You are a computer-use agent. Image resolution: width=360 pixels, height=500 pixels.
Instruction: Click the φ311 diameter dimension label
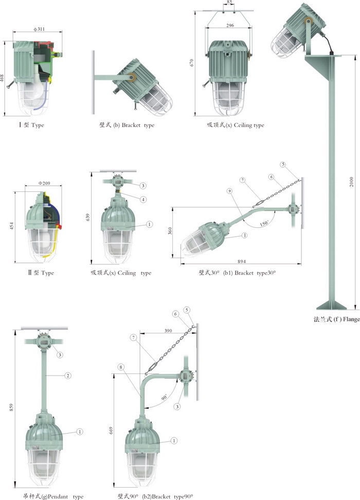[39, 29]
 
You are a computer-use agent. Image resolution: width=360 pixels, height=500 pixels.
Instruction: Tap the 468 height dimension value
[2, 78]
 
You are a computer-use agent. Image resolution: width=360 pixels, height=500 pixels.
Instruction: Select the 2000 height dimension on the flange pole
[351, 182]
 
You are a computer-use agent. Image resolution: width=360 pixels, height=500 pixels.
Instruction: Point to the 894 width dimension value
[242, 261]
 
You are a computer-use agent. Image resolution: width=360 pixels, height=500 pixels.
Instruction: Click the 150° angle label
[264, 223]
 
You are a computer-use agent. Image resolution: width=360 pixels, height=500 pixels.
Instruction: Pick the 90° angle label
[164, 397]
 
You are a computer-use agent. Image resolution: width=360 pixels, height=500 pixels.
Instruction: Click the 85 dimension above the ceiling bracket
[229, 2]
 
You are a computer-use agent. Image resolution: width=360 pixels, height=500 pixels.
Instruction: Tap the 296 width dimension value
[230, 25]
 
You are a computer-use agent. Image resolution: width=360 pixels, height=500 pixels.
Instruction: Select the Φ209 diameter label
[44, 183]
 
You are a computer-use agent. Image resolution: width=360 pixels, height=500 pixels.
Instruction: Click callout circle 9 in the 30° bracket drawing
[229, 191]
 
